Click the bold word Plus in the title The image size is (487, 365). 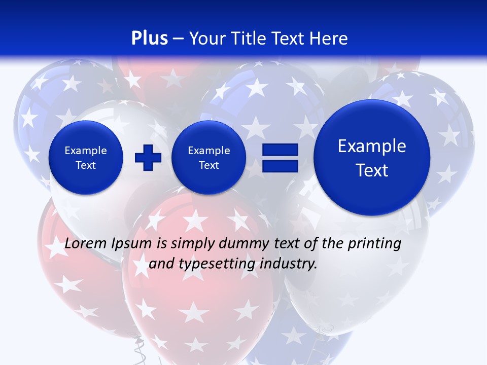pyautogui.click(x=149, y=39)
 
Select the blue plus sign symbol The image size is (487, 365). pyautogui.click(x=148, y=158)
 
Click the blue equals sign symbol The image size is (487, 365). pyautogui.click(x=280, y=158)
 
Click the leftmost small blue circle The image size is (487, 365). pyautogui.click(x=86, y=158)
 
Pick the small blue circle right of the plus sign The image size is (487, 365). pyautogui.click(x=209, y=158)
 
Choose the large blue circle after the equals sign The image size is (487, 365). pyautogui.click(x=372, y=158)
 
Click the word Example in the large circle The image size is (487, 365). pyautogui.click(x=372, y=146)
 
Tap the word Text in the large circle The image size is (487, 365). pyautogui.click(x=372, y=170)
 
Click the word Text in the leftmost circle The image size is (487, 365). pyautogui.click(x=86, y=165)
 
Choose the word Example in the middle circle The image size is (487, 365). pyautogui.click(x=209, y=151)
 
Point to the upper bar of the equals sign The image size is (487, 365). pyautogui.click(x=280, y=150)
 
